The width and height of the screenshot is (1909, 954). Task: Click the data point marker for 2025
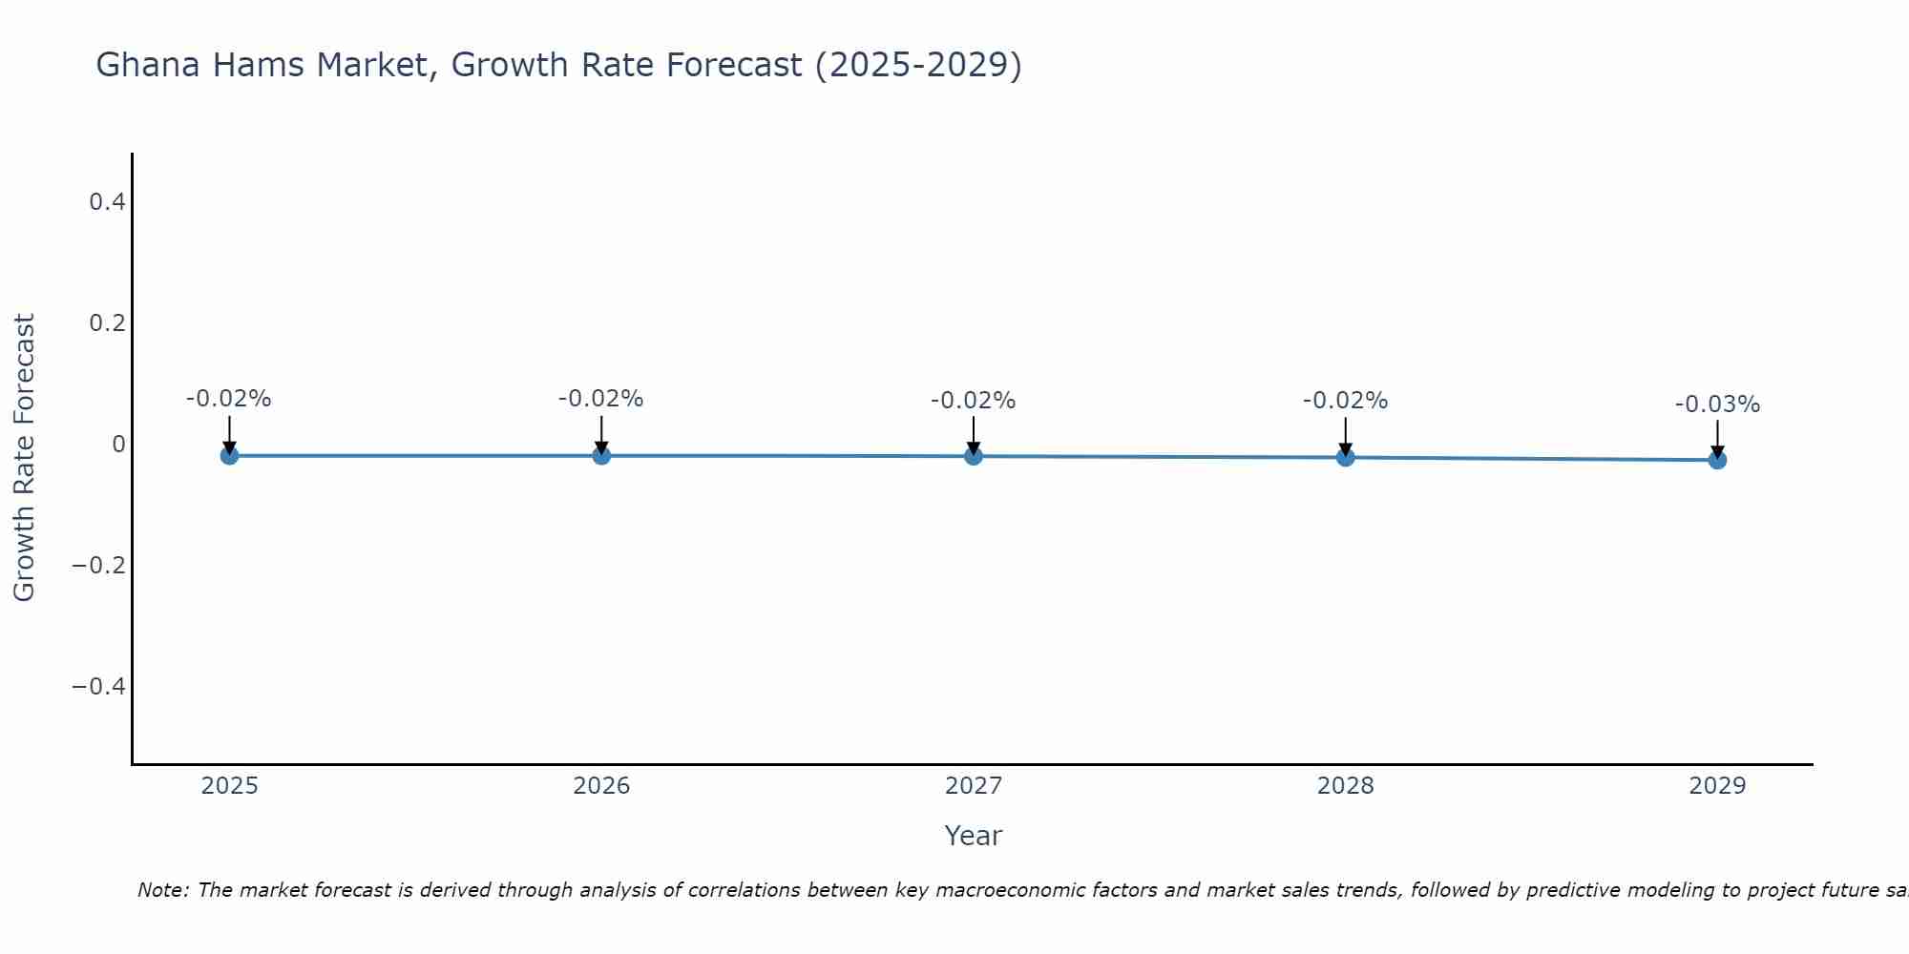pos(229,456)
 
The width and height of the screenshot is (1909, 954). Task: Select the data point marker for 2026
pos(601,456)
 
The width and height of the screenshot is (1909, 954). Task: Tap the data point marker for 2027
pos(974,456)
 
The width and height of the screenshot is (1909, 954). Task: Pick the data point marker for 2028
pos(1345,457)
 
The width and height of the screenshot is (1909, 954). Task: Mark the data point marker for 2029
pos(1717,460)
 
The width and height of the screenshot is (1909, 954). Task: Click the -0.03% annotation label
pos(1717,404)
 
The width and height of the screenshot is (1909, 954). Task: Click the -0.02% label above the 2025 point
pos(229,399)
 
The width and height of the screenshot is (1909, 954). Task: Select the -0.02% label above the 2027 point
pos(974,401)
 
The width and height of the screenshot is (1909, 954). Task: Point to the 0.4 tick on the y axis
pos(107,201)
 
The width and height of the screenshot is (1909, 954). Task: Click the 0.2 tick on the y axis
pos(107,322)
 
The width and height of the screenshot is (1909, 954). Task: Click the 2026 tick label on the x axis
pos(601,786)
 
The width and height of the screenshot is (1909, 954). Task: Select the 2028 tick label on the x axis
pos(1345,786)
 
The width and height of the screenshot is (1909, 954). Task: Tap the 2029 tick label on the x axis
pos(1717,786)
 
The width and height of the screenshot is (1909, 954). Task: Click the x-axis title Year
pos(973,836)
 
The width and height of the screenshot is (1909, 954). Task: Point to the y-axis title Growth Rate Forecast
pos(24,457)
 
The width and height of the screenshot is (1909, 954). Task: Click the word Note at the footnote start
pos(162,890)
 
